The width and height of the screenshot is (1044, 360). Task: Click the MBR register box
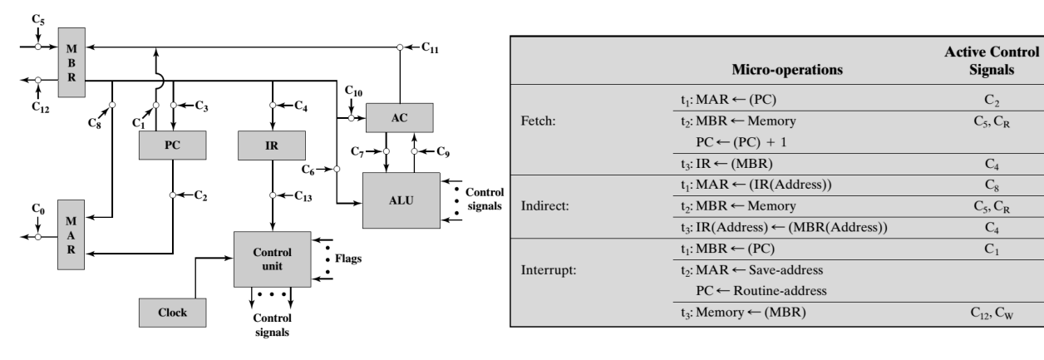(71, 63)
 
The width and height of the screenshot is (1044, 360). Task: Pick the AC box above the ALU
(400, 118)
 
